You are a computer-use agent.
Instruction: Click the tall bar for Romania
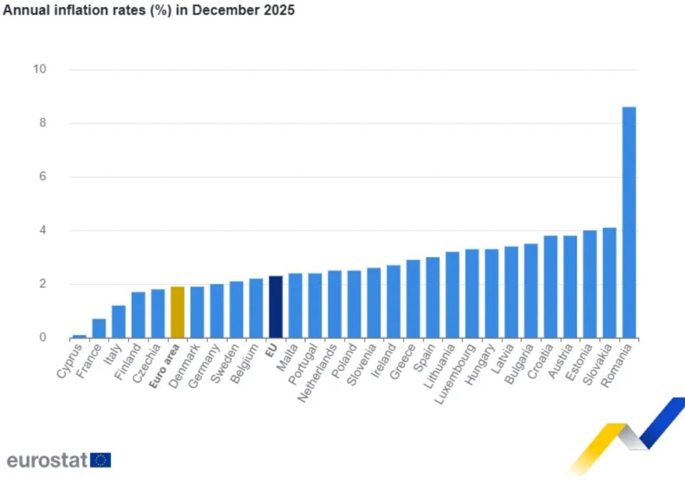click(628, 223)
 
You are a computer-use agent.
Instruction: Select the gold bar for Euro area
click(178, 312)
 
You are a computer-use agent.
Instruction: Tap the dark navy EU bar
click(276, 307)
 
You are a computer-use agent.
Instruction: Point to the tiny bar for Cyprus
click(79, 336)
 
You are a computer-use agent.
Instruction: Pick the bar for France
click(99, 328)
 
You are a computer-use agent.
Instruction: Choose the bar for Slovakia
click(609, 283)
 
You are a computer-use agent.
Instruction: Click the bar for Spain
click(433, 298)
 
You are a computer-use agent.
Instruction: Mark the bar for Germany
click(217, 311)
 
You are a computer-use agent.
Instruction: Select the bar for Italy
click(119, 322)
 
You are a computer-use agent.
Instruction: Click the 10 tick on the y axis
click(40, 69)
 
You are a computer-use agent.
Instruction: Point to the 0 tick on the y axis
click(43, 338)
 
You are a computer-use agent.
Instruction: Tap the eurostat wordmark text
click(47, 460)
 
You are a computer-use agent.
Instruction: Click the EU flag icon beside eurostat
click(101, 460)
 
